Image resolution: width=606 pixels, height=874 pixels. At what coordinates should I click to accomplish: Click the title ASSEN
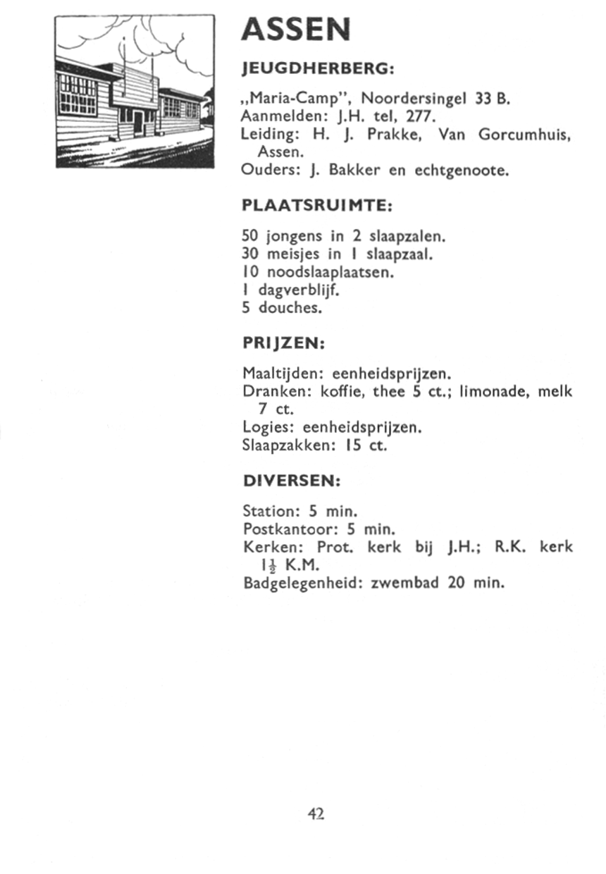295,30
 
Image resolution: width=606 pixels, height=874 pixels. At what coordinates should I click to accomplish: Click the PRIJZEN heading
283,343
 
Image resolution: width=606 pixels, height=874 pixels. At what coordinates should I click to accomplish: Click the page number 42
315,814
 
